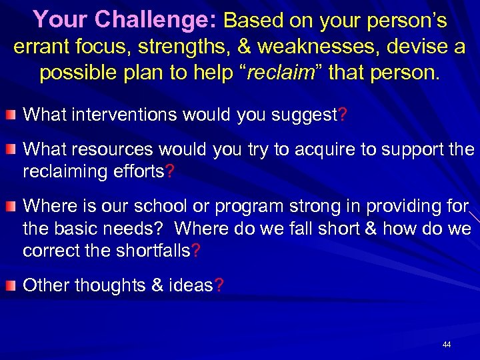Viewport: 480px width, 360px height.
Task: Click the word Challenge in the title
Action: coord(155,20)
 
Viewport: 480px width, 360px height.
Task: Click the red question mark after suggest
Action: coord(343,115)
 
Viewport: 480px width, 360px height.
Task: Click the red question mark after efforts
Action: coord(170,171)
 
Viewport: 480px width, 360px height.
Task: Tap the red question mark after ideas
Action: coord(220,286)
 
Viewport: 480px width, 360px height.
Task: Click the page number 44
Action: coord(447,345)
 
